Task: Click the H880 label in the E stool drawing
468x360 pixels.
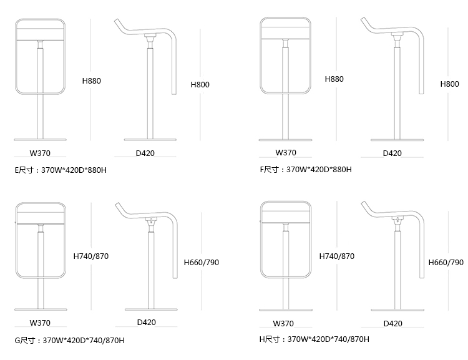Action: click(x=92, y=81)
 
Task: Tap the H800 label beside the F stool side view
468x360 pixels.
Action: click(x=449, y=84)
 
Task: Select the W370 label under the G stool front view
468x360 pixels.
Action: click(x=40, y=323)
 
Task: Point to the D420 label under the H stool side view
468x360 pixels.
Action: click(x=392, y=323)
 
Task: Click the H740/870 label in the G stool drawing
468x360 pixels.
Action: click(x=91, y=256)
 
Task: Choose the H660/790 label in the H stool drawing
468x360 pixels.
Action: click(x=446, y=263)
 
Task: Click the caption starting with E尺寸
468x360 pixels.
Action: click(x=61, y=170)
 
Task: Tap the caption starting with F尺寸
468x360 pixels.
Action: click(x=306, y=169)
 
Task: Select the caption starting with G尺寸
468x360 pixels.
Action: click(x=69, y=340)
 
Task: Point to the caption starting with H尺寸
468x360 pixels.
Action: click(x=314, y=339)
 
